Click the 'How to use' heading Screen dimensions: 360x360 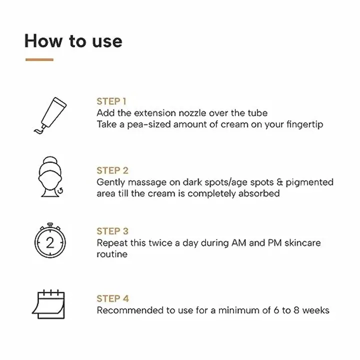(x=73, y=40)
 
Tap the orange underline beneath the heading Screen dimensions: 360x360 (x=39, y=59)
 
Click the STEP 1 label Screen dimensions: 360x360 (x=111, y=101)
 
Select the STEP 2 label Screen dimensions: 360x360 (x=112, y=170)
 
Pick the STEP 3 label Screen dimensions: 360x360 (x=112, y=231)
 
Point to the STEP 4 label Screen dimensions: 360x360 (x=112, y=298)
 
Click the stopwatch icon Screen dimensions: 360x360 (x=49, y=241)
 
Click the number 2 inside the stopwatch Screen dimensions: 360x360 (x=49, y=243)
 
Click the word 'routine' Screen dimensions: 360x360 (x=112, y=254)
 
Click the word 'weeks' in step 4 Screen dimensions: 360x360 (x=315, y=310)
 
